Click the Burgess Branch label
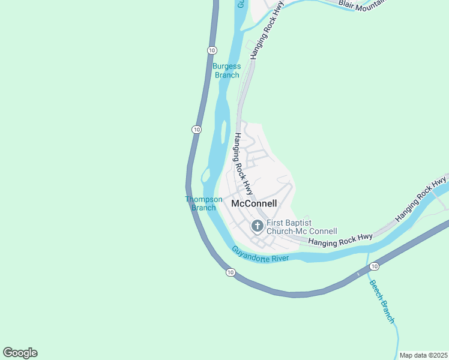(x=226, y=71)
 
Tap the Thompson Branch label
(x=203, y=203)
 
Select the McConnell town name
(x=254, y=203)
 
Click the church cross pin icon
(x=257, y=226)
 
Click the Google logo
(x=20, y=353)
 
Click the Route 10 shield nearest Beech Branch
(x=373, y=266)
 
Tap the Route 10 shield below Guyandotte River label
(x=231, y=272)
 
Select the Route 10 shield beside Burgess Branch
(x=212, y=49)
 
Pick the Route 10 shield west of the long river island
(x=196, y=129)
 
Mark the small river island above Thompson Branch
(x=205, y=175)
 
